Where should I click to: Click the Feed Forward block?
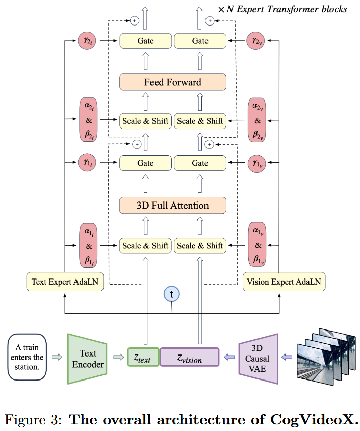[172, 82]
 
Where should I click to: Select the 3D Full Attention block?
[172, 206]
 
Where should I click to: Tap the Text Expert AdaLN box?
[65, 281]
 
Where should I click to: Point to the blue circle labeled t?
[172, 295]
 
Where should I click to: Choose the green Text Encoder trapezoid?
[87, 358]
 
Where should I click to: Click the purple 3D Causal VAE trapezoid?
[258, 358]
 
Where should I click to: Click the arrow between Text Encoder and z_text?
[117, 357]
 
